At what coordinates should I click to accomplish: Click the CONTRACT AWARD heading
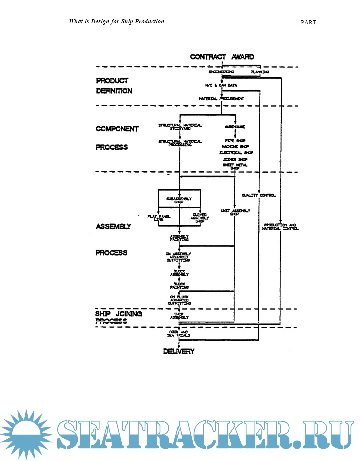222,57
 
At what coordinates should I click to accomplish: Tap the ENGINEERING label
221,72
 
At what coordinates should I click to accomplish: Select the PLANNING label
260,72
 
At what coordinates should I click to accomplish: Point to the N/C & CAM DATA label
221,85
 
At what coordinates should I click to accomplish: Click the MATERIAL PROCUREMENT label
221,99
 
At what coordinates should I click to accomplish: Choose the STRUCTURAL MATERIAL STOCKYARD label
180,127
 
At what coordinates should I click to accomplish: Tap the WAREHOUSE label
235,127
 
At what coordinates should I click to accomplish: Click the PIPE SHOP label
235,141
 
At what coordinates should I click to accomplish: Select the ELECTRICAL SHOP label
236,153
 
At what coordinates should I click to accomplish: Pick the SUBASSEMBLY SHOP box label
179,200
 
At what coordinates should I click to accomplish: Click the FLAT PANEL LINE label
159,218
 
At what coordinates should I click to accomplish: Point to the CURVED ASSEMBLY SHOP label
200,218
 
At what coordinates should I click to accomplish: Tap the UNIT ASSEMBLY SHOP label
235,212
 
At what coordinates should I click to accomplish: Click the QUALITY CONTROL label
259,195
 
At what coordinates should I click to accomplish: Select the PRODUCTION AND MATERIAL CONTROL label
280,227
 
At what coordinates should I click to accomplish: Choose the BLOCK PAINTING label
179,285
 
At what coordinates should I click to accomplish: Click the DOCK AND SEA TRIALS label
179,334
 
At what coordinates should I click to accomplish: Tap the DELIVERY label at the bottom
179,351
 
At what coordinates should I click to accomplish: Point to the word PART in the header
308,22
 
